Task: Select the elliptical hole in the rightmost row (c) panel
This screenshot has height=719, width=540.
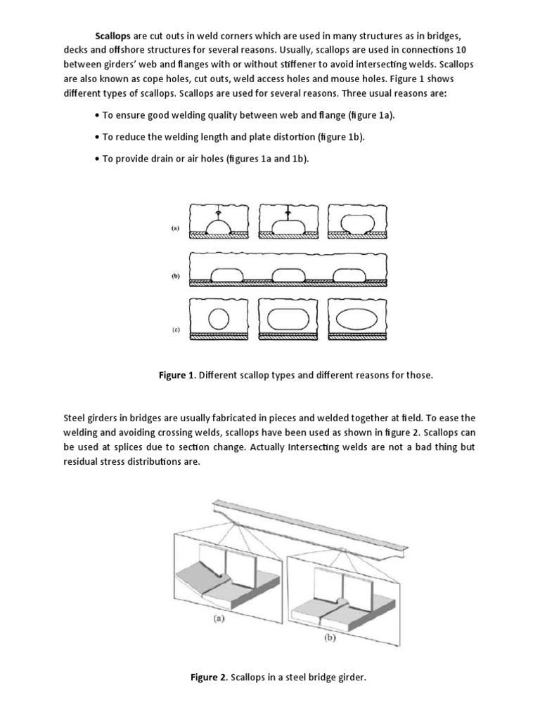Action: [x=356, y=317]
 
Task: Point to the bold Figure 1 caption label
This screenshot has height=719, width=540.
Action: [x=176, y=376]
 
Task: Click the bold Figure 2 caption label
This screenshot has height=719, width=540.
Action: [x=207, y=678]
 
